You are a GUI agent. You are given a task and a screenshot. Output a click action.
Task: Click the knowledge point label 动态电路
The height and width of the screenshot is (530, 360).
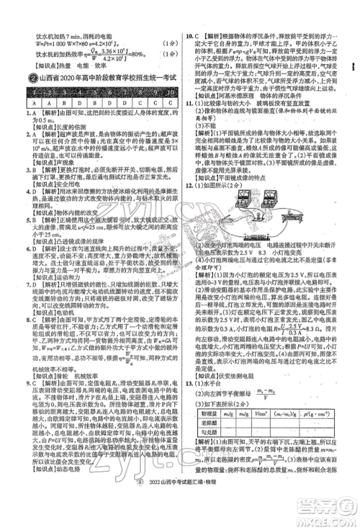[58, 509]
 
